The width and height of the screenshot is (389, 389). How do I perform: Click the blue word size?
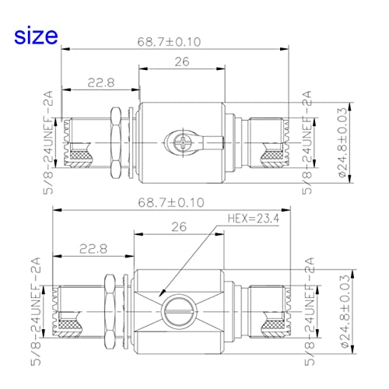click(x=36, y=36)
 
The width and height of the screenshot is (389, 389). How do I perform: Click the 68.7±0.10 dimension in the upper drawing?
click(x=169, y=42)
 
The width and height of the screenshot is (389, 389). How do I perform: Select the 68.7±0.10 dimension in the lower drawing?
click(x=171, y=202)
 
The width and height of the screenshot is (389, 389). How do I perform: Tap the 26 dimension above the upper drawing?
click(x=182, y=61)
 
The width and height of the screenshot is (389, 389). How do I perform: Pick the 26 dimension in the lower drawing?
click(x=179, y=227)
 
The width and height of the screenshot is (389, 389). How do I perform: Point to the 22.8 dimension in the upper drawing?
click(x=101, y=82)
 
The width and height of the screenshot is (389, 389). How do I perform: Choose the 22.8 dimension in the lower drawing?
click(x=93, y=249)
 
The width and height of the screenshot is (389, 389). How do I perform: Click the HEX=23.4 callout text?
click(x=254, y=219)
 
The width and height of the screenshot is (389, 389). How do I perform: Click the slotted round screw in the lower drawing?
click(x=179, y=311)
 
